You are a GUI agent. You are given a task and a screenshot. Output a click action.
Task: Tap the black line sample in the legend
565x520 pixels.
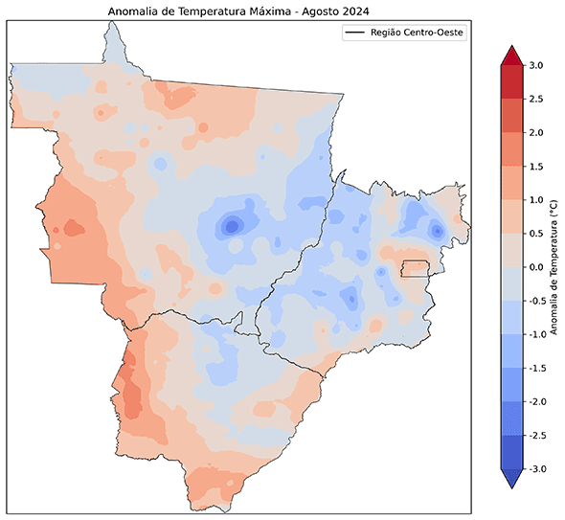(x=356, y=34)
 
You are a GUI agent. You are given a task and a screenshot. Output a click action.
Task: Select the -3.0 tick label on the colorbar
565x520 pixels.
(x=535, y=468)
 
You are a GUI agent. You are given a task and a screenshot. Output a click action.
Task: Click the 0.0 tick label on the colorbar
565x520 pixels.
(x=535, y=266)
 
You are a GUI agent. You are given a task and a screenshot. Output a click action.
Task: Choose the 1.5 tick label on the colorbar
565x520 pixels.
(x=535, y=166)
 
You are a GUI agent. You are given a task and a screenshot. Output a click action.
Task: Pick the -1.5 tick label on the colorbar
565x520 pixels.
(x=535, y=368)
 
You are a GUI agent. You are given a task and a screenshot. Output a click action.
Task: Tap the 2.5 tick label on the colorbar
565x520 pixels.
(x=535, y=99)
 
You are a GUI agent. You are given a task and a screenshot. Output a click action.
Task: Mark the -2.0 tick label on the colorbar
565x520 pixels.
(x=535, y=401)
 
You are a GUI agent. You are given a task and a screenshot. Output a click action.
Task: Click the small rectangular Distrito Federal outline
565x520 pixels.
(x=415, y=267)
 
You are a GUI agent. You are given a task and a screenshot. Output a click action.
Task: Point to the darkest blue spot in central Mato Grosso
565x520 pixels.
(x=230, y=227)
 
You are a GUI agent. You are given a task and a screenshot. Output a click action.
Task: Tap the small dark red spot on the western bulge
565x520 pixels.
(x=69, y=229)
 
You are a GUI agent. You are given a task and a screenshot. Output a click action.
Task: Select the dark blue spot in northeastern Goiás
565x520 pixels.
(x=437, y=231)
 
